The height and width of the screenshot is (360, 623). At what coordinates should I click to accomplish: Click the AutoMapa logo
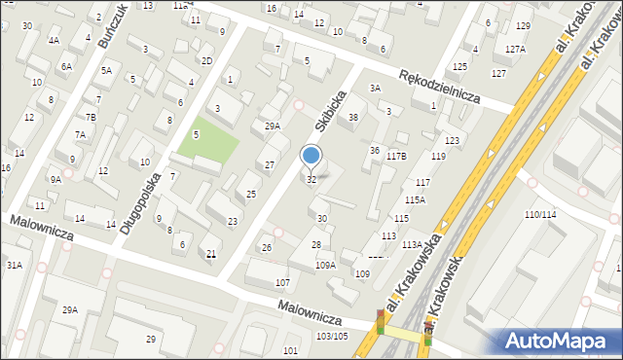point(560,340)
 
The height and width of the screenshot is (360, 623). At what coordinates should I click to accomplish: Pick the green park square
point(207,142)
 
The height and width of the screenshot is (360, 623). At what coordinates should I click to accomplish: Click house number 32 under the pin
point(311,179)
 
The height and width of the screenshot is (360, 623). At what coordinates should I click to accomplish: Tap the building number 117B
point(396,156)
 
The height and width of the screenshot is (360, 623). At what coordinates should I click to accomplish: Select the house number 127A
point(515,49)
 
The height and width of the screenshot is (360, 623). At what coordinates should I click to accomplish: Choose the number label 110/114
point(540,214)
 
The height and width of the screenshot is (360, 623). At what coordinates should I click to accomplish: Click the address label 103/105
point(332,336)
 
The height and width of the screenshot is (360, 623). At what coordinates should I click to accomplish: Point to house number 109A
point(325,265)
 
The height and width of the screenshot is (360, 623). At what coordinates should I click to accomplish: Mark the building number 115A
point(416,199)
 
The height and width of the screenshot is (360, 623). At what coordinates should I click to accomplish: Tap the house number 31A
point(14,265)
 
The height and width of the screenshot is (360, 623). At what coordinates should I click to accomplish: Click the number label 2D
point(206,60)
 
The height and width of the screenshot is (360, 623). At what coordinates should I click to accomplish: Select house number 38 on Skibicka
point(353,117)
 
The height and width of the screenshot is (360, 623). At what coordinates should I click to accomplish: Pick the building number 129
point(524,25)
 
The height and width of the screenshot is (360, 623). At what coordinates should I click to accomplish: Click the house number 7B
point(91,116)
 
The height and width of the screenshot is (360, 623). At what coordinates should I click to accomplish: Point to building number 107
point(282,282)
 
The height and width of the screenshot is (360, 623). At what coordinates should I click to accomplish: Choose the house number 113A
point(412,245)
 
